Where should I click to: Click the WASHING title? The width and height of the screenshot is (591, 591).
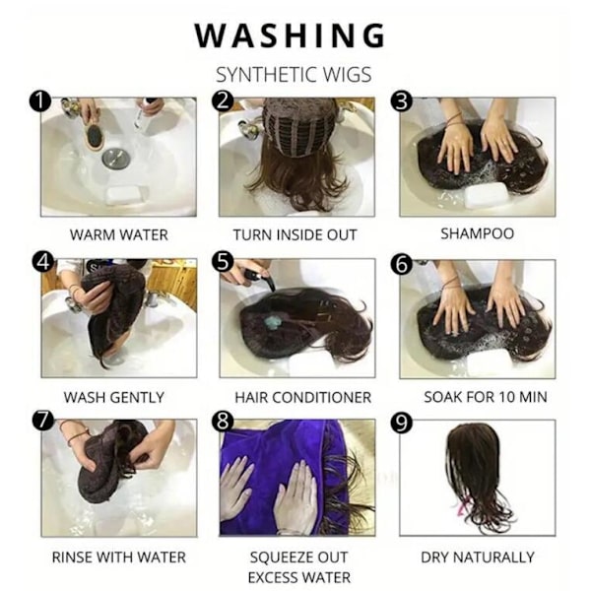coord(290,35)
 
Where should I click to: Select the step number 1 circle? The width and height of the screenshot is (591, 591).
coord(39,101)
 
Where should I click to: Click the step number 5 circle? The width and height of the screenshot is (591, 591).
coord(223,261)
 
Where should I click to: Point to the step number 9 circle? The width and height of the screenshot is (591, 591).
coord(402,423)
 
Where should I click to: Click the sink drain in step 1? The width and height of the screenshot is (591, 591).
coord(115,158)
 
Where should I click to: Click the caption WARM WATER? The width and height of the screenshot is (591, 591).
coord(119,234)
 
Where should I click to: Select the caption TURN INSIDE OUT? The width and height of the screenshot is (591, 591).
coord(295,234)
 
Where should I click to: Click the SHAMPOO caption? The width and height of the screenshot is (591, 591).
coord(477,233)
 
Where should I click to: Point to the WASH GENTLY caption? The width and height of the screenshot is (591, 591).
coord(114,397)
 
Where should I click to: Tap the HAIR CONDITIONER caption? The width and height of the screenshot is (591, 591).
coord(303,397)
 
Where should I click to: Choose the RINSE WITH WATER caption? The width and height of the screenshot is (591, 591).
coord(119,558)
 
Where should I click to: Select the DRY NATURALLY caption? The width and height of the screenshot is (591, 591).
coord(478,558)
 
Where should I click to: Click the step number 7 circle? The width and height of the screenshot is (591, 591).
coord(42,421)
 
